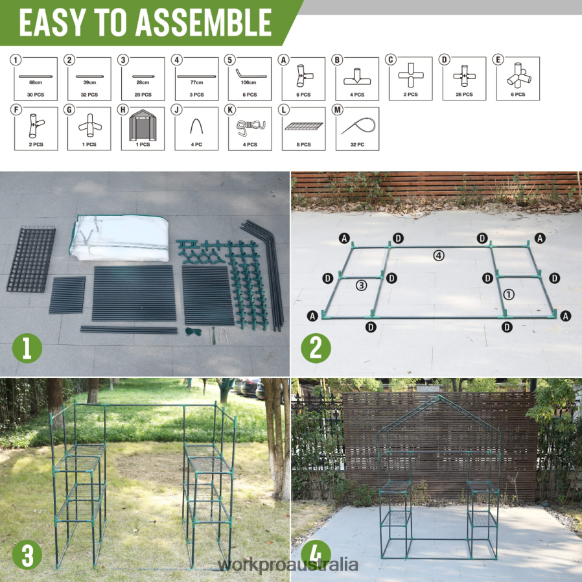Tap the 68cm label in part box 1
[36, 82]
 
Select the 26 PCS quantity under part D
[464, 95]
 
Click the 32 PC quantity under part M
[357, 145]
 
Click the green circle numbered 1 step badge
[27, 349]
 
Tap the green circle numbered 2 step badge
[316, 349]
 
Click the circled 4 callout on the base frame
[439, 255]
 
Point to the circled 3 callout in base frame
[361, 285]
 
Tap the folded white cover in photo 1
[120, 239]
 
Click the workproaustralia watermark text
[288, 565]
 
